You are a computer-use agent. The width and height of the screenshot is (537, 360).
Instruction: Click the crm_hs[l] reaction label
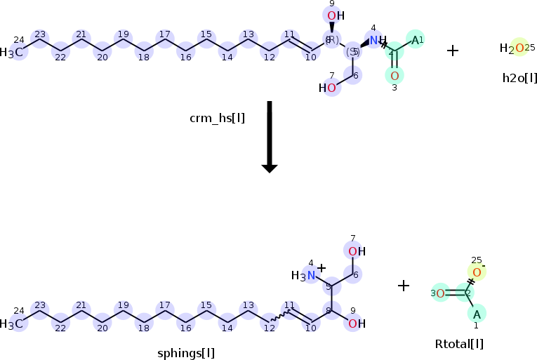[x=217, y=118]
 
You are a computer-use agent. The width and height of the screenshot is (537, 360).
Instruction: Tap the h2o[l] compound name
[x=519, y=77]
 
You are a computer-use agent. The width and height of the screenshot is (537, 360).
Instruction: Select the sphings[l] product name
[x=186, y=352]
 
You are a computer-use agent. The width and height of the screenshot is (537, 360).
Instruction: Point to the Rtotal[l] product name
[x=459, y=343]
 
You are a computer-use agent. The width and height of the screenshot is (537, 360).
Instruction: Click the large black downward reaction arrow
[x=270, y=136]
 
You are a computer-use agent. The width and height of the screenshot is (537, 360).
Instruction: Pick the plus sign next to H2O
[x=453, y=51]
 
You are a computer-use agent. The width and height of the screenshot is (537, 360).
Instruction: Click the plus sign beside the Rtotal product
[x=404, y=286]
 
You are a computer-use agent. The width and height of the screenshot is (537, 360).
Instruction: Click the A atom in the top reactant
[x=415, y=40]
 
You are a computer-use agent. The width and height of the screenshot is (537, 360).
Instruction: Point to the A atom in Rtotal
[x=477, y=314]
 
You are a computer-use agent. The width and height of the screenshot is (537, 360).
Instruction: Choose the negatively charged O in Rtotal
[x=477, y=272]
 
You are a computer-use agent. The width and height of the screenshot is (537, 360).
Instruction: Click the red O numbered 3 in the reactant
[x=395, y=75]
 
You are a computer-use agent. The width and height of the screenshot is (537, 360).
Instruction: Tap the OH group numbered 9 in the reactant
[x=336, y=16]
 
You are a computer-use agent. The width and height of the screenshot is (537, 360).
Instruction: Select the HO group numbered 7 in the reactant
[x=328, y=88]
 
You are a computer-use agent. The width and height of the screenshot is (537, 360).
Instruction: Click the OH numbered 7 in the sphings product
[x=356, y=251]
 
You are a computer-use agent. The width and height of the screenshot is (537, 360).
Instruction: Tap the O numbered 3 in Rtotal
[x=440, y=293]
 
